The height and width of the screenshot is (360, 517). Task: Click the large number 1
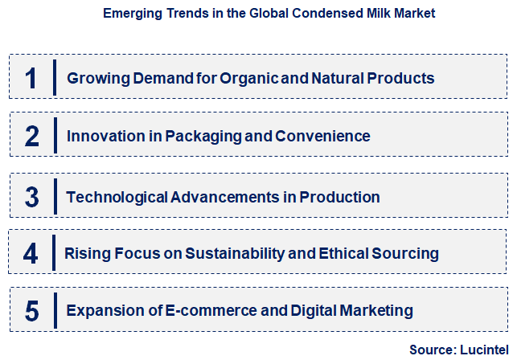[31, 78]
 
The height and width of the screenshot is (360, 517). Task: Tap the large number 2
[31, 136]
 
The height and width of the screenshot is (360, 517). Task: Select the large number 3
[31, 196]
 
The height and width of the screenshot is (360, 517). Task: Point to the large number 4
[31, 254]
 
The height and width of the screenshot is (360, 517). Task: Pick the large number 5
[31, 310]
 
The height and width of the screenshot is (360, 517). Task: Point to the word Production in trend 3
[339, 196]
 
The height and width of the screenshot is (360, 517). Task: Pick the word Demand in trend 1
[156, 78]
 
